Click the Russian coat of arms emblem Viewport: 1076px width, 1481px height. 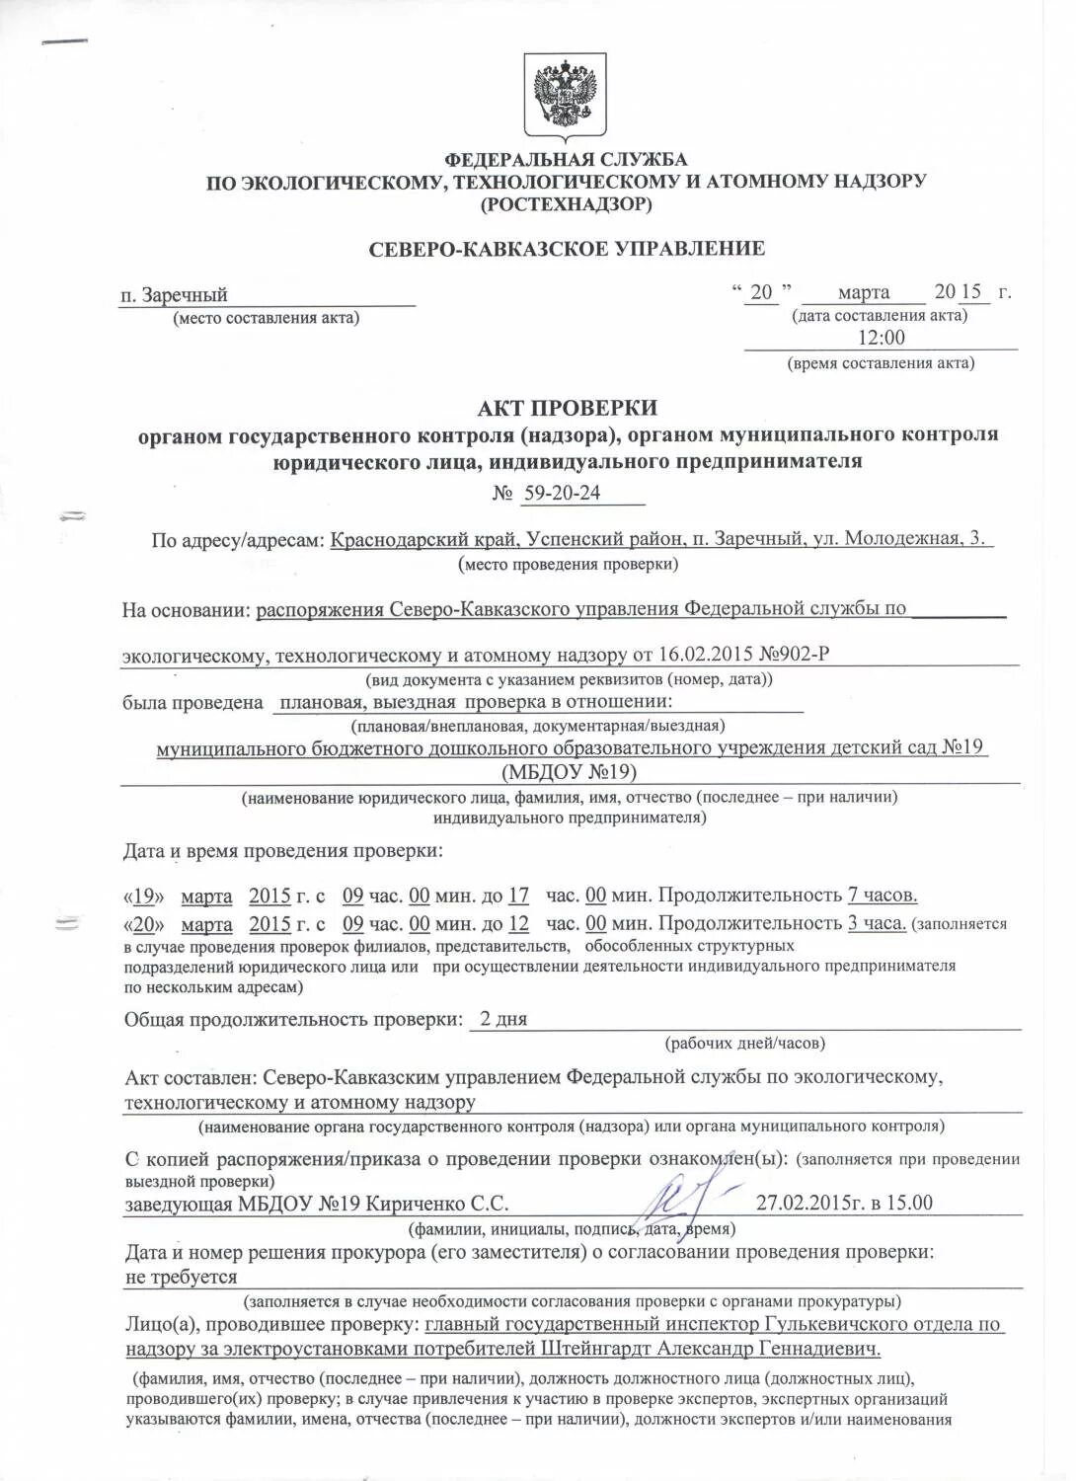(565, 97)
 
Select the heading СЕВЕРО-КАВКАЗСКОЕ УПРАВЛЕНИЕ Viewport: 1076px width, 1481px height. (567, 249)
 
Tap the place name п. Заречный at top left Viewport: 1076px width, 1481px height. (174, 295)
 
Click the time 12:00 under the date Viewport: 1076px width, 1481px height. (880, 338)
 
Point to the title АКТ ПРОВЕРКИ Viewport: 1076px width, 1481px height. (567, 408)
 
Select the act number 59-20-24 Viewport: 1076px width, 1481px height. (561, 493)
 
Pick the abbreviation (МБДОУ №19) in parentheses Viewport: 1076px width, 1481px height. (569, 772)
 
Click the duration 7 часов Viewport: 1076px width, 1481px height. (883, 896)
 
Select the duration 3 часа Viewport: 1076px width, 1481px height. (877, 924)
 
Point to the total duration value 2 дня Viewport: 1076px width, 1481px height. (503, 1019)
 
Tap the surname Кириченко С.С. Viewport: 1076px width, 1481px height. (437, 1204)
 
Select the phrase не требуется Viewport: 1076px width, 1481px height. (182, 1277)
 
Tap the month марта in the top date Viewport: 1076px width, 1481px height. (863, 292)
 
